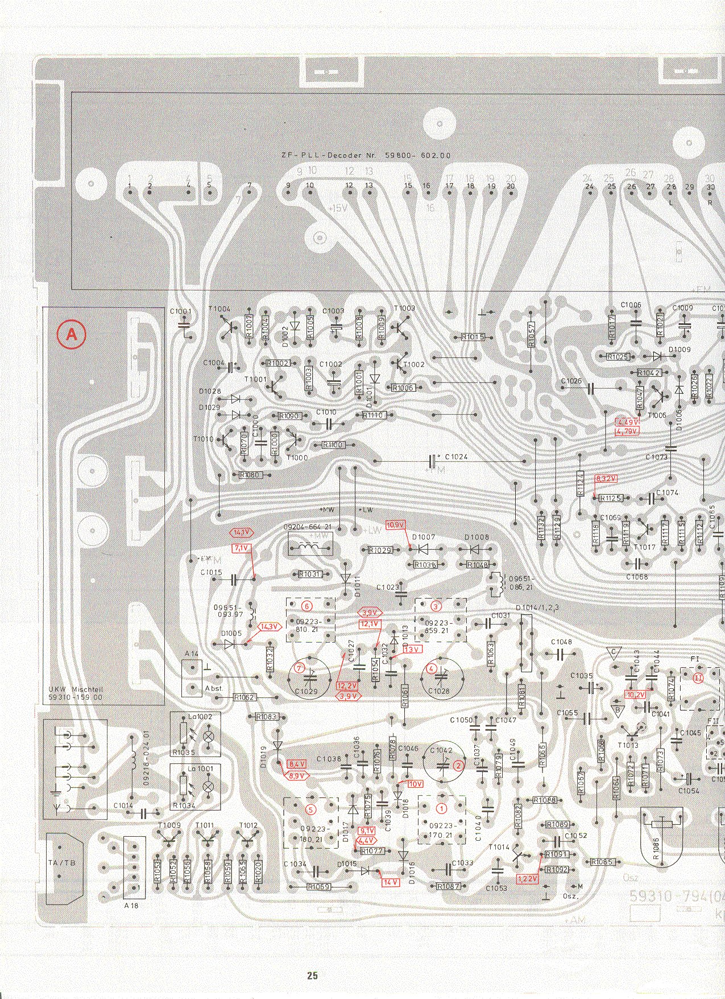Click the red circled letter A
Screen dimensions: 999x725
[x=72, y=335]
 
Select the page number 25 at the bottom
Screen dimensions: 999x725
[x=312, y=976]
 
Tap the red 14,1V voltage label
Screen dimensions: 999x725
[x=241, y=533]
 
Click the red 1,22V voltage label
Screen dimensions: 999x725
[x=528, y=879]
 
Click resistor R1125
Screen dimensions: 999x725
[x=611, y=498]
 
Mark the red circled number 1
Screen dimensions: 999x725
[x=441, y=807]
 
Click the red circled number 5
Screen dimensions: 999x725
[x=310, y=809]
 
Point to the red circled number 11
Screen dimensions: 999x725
[x=698, y=677]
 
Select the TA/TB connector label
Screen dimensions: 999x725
[x=61, y=863]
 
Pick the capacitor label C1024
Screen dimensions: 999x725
[x=457, y=457]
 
